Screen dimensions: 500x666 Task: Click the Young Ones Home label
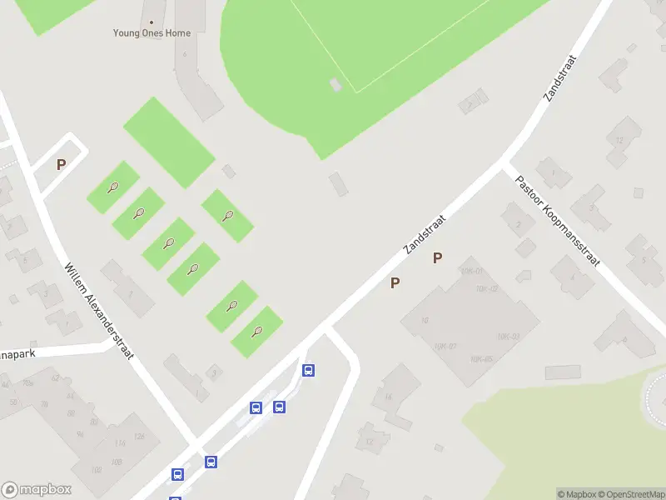[152, 33]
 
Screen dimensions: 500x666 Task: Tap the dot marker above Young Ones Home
[152, 22]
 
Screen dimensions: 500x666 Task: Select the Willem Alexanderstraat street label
[99, 311]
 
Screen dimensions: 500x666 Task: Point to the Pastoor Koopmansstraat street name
[557, 221]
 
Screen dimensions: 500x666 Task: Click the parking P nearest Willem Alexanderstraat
[61, 165]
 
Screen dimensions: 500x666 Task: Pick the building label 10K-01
[471, 272]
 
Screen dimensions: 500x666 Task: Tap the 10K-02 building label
[489, 288]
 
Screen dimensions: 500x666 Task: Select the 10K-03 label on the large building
[508, 336]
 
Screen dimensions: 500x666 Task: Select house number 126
[138, 437]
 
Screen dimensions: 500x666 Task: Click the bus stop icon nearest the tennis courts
[308, 371]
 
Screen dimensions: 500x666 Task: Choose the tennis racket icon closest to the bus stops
[257, 332]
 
